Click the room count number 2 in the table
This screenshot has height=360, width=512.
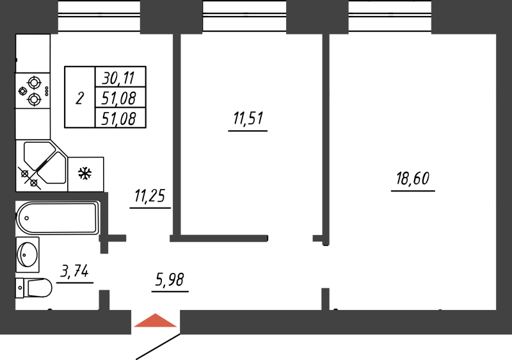(79, 99)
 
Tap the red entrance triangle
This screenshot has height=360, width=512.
(156, 322)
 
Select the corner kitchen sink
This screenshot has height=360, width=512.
(40, 164)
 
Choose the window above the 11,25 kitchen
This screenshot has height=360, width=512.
(99, 16)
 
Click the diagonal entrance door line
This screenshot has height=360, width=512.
(157, 345)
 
